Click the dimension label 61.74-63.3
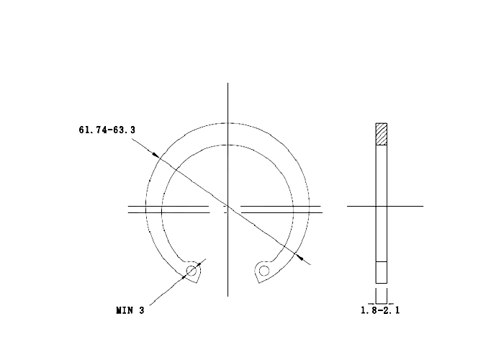(x=107, y=130)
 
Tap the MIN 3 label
(x=130, y=310)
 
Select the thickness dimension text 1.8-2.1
(x=380, y=310)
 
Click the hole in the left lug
(x=192, y=271)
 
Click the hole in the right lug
(x=264, y=271)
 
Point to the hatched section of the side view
(x=381, y=134)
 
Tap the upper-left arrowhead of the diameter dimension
(x=156, y=155)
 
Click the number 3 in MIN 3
(x=142, y=310)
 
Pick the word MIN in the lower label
(x=125, y=310)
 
